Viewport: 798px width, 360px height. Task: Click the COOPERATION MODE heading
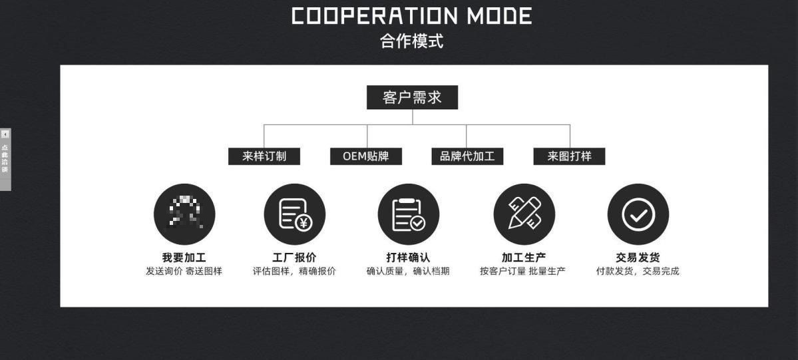pyautogui.click(x=412, y=16)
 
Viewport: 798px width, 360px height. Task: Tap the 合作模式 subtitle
pyautogui.click(x=411, y=41)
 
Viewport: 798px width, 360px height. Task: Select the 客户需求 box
pyautogui.click(x=412, y=98)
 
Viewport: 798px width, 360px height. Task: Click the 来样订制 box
pyautogui.click(x=264, y=156)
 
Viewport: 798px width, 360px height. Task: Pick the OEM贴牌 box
pyautogui.click(x=366, y=156)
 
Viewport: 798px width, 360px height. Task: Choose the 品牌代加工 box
pyautogui.click(x=467, y=156)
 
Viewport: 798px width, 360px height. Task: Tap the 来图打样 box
pyautogui.click(x=569, y=156)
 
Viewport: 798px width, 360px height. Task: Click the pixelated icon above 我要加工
pyautogui.click(x=184, y=214)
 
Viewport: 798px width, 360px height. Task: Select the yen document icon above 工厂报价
pyautogui.click(x=295, y=214)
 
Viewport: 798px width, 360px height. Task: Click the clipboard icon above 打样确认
pyautogui.click(x=409, y=214)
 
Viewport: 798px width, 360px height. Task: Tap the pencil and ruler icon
pyautogui.click(x=524, y=214)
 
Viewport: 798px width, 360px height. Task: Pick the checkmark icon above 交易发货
pyautogui.click(x=638, y=214)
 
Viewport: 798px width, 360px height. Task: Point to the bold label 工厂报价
pyautogui.click(x=295, y=258)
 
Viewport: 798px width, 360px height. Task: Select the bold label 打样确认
pyautogui.click(x=409, y=258)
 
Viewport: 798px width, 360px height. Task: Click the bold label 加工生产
pyautogui.click(x=524, y=258)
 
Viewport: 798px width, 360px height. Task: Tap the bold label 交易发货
pyautogui.click(x=638, y=258)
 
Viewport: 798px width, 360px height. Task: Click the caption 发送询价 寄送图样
pyautogui.click(x=184, y=271)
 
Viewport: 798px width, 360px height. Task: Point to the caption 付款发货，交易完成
pyautogui.click(x=638, y=271)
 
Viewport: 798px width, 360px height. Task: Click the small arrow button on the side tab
pyautogui.click(x=5, y=134)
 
